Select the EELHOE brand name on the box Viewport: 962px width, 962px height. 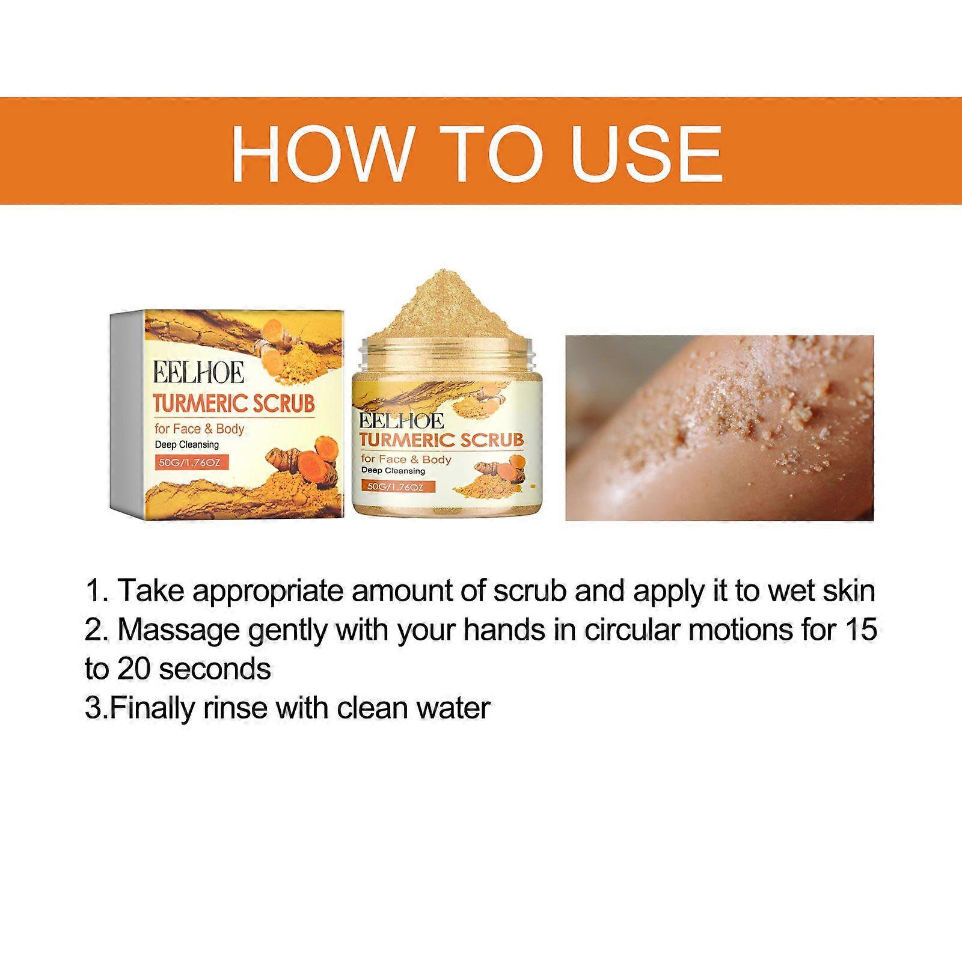(x=199, y=372)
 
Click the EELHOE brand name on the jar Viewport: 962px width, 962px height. (x=401, y=420)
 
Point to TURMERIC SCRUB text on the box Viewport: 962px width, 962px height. (x=234, y=403)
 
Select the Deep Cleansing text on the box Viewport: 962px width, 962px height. (x=187, y=445)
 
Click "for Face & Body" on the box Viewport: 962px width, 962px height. (x=200, y=429)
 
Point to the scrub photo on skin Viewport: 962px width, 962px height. (x=719, y=427)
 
